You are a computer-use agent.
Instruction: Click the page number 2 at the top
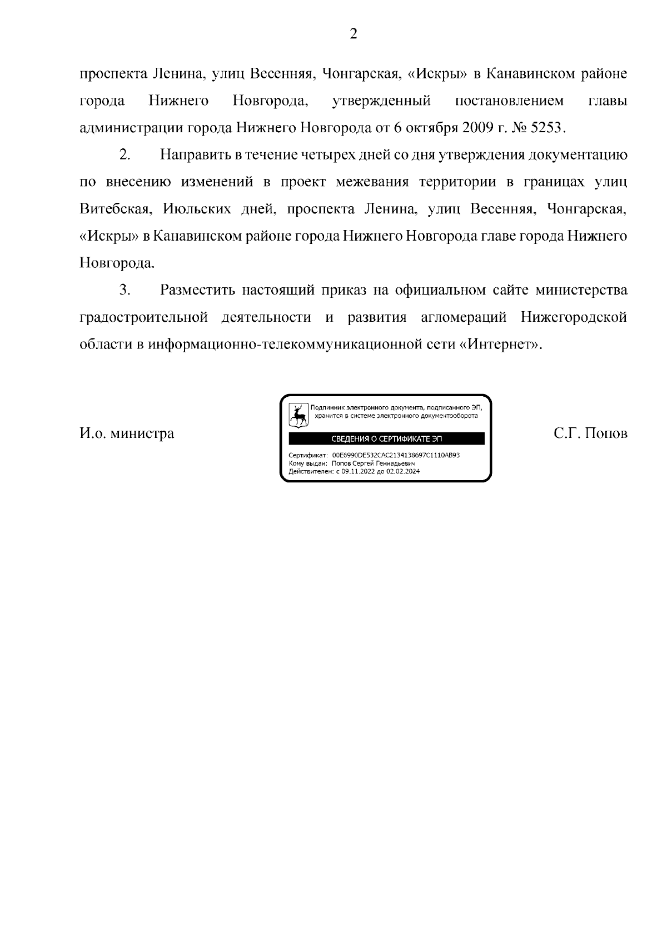[353, 34]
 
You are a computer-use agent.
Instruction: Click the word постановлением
[509, 101]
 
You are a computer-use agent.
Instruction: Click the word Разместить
[195, 290]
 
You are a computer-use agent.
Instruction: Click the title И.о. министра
[127, 433]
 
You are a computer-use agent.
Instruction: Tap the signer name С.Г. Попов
[590, 433]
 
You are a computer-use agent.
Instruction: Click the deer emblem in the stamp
[299, 415]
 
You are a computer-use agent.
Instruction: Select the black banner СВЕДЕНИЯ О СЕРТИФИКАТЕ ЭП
[386, 439]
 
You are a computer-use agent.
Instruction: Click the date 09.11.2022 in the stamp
[355, 471]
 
